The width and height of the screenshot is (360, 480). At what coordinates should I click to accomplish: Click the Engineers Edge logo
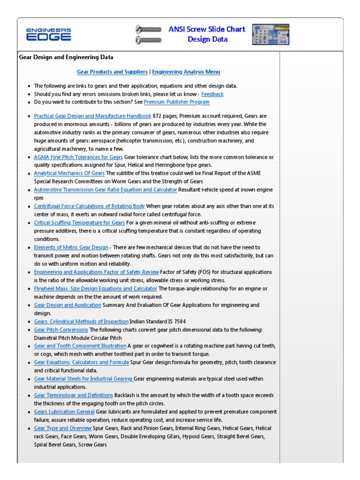point(49,34)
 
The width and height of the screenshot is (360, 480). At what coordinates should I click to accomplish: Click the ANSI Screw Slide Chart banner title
point(207,34)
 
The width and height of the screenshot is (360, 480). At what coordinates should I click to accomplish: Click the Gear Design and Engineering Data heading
point(66,58)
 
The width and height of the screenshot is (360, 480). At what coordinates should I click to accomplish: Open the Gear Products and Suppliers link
point(112,72)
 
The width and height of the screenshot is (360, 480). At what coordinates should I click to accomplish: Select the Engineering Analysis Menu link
point(186,72)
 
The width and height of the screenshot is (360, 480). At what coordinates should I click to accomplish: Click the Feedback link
point(212,94)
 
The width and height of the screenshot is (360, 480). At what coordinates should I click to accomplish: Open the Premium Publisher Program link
point(177,102)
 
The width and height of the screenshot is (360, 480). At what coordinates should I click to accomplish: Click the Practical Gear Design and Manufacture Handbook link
point(92,116)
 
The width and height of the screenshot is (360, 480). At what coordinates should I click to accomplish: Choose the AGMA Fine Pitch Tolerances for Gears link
point(78,157)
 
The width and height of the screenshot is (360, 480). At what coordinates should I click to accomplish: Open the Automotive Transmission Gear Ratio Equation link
point(105,190)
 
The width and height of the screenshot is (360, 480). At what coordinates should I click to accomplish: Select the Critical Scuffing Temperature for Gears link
point(79,223)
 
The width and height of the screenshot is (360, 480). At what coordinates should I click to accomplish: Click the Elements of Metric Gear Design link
point(71,247)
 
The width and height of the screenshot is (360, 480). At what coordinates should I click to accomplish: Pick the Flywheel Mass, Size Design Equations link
point(96,289)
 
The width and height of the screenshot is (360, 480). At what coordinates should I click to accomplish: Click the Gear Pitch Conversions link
point(61,330)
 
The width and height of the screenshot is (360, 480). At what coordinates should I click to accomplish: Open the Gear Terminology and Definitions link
point(74,396)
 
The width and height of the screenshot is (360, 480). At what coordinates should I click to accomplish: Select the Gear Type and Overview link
point(63,428)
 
